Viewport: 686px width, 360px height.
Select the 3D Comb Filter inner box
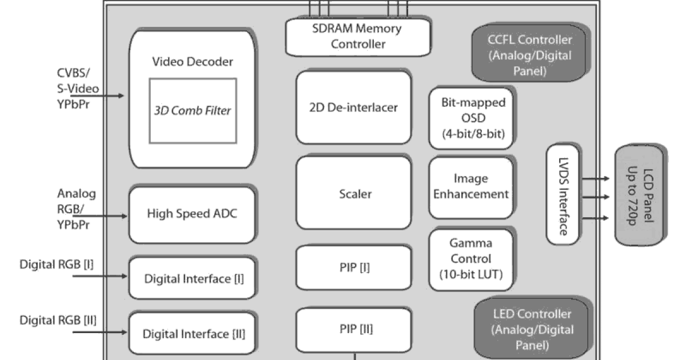pos(192,110)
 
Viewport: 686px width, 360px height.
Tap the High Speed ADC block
pos(192,215)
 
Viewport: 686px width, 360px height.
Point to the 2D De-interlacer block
pos(353,107)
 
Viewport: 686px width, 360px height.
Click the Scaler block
pos(353,194)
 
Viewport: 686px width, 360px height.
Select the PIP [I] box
pos(353,267)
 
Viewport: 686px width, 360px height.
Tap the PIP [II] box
pos(353,330)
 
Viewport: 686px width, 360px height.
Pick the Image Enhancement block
pos(471,186)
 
